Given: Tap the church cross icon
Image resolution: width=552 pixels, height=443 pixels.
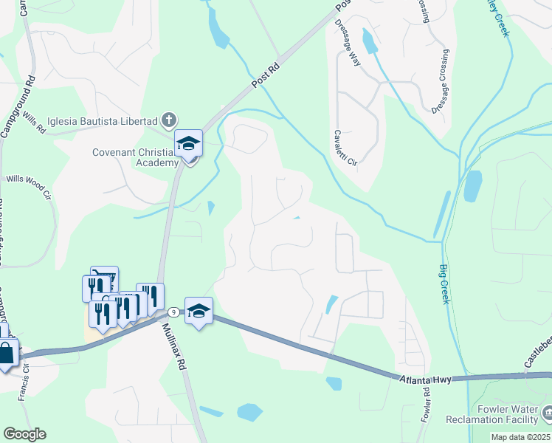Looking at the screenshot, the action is pos(169,120).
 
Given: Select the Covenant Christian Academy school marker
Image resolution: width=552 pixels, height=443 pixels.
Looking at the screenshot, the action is pos(188,145).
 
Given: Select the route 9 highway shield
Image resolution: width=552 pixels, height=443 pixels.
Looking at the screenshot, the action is pos(172,312).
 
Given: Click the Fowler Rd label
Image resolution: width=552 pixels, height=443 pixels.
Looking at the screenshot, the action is pos(427,402).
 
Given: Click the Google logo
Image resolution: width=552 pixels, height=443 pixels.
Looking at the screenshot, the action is pos(24,434).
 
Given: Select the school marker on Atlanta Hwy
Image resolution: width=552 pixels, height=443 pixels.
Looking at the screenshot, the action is pos(199,312).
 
